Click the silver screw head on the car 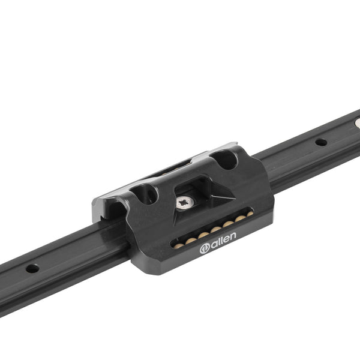tap(185, 202)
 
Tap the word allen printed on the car tap(223, 239)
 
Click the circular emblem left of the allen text tap(205, 249)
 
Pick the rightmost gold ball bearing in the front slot tap(250, 214)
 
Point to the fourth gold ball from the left tap(216, 229)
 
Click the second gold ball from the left tap(191, 241)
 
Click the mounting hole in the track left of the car tap(32, 268)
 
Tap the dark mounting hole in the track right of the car tap(321, 142)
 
